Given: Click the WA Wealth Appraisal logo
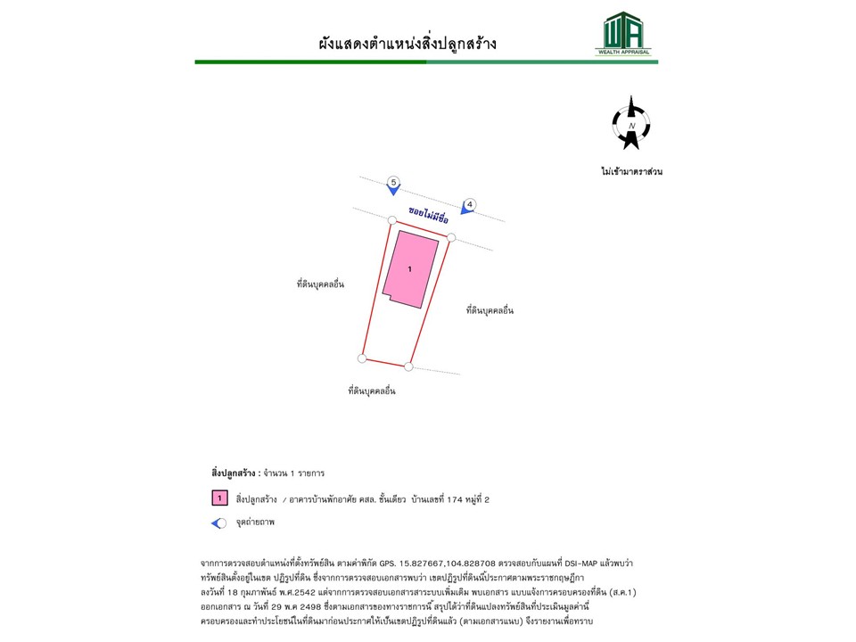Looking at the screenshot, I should [x=623, y=34].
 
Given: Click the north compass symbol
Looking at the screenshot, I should [x=631, y=124].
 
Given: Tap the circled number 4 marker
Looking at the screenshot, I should [x=471, y=203].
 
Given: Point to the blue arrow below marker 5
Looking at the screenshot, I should [x=393, y=190].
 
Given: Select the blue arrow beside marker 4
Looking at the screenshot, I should [x=465, y=210].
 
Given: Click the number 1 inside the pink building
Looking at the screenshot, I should [x=410, y=268].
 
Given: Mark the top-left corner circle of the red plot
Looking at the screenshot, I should [x=391, y=219].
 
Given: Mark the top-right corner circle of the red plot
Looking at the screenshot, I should [x=451, y=237].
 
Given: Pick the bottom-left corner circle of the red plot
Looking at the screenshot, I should [x=361, y=358].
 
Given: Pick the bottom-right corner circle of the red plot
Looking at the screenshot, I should [x=408, y=366].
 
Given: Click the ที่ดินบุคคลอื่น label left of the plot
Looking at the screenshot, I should [x=321, y=284].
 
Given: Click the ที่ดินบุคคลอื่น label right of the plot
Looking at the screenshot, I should [x=490, y=310].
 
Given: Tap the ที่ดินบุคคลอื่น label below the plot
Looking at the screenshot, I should [x=372, y=391].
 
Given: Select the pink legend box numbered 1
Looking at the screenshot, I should [x=219, y=499].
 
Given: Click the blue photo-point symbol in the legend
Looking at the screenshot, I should [x=218, y=523].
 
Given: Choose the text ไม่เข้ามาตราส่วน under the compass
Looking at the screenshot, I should [x=631, y=171].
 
